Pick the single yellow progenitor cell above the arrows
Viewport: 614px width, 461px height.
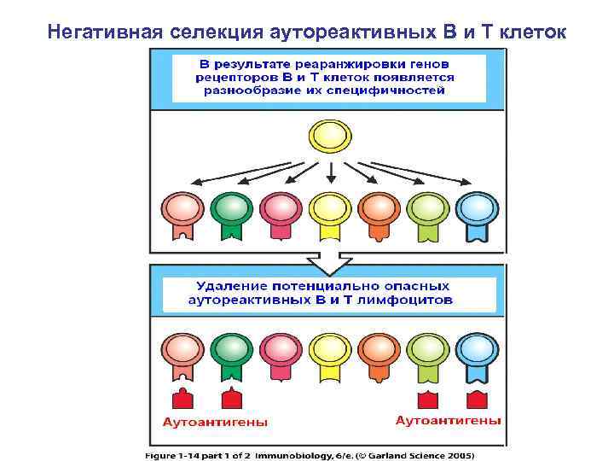coord(328,136)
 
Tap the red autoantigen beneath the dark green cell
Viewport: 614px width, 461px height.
coord(229,400)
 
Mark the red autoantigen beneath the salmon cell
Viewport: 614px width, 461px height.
coord(181,400)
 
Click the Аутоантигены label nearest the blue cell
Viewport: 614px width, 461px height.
coord(448,420)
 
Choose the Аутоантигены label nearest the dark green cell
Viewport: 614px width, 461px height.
coord(215,422)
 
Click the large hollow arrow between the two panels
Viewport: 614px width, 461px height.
coord(328,259)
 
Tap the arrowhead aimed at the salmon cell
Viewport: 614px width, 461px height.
coord(194,181)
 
